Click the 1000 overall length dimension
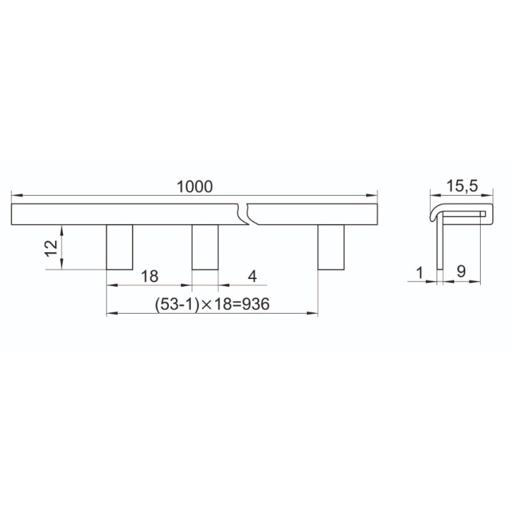tap(195, 186)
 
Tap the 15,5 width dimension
tap(461, 186)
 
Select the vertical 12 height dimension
tap(52, 248)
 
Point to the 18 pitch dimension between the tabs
tap(150, 276)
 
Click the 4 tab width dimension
tap(252, 276)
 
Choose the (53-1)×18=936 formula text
tap(212, 304)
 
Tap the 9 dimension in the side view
tap(461, 271)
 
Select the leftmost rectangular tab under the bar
tap(120, 247)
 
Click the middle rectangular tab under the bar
tap(205, 247)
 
